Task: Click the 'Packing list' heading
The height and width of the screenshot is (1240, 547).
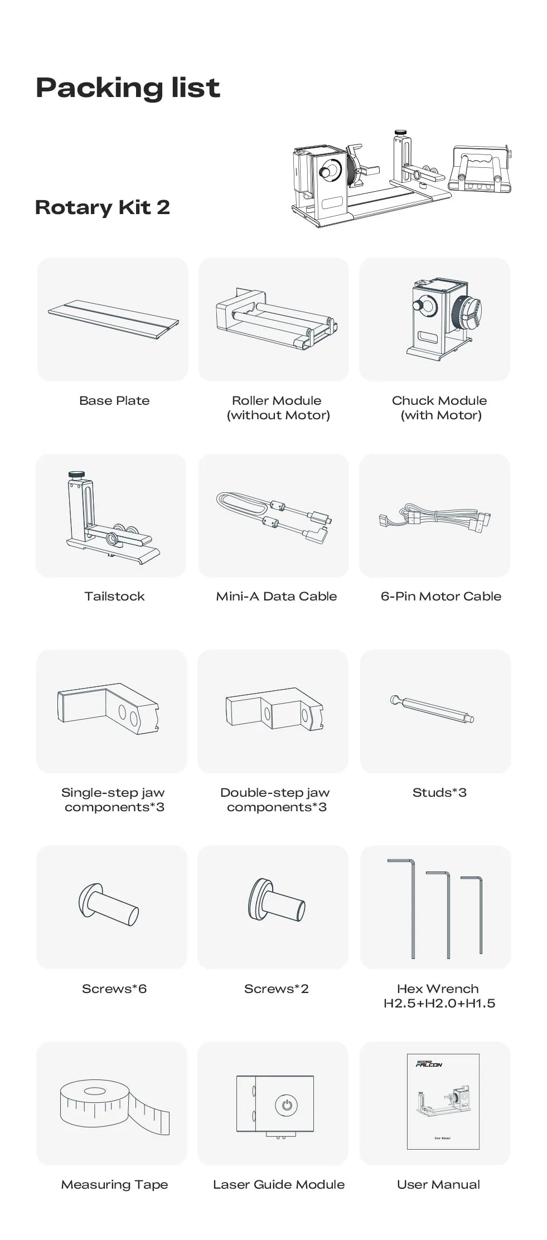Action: tap(128, 88)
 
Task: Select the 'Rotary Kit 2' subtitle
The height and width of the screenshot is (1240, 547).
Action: tap(103, 207)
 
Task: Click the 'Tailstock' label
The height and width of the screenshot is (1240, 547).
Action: tap(114, 596)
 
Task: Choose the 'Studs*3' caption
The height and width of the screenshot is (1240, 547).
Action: tap(439, 792)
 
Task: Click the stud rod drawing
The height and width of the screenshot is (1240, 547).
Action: tap(432, 708)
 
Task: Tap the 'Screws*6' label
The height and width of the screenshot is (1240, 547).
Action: tap(114, 989)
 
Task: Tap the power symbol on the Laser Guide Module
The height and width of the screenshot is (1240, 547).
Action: tap(287, 1105)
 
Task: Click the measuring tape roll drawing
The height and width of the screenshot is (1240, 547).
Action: tap(114, 1106)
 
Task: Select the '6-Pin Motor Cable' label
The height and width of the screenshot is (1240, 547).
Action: tap(441, 596)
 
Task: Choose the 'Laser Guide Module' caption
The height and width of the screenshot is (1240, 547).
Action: tap(279, 1184)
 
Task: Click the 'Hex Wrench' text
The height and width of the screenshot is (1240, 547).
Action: tap(438, 989)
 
